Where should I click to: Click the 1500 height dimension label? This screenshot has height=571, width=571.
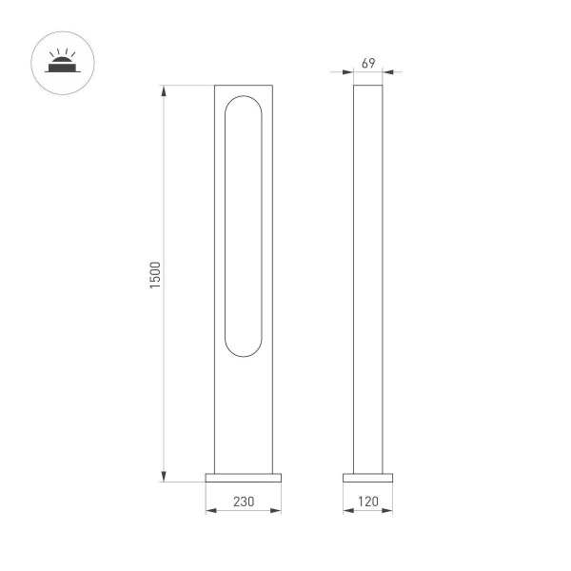(156, 276)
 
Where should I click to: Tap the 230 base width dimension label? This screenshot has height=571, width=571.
(244, 500)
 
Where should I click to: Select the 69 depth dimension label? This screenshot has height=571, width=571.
(368, 63)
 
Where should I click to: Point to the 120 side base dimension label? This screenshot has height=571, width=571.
(368, 500)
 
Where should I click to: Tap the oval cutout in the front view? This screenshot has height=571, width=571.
(244, 226)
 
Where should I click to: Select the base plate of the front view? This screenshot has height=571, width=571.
(244, 477)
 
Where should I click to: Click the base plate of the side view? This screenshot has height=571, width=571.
(368, 477)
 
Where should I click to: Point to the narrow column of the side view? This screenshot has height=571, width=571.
(368, 276)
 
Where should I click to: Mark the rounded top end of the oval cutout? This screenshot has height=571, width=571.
(244, 101)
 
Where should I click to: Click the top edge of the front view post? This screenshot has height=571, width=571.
(244, 87)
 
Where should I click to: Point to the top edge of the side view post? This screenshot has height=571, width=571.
(368, 87)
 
